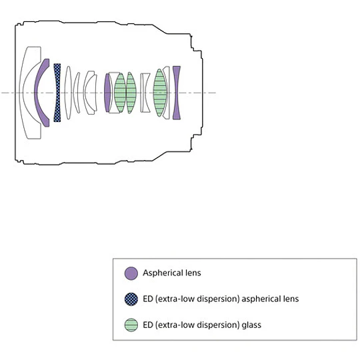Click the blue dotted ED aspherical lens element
(57, 93)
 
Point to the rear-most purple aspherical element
(177, 93)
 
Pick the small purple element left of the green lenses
(107, 93)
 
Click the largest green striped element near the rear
(159, 93)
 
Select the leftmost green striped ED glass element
(120, 93)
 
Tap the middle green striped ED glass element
(131, 93)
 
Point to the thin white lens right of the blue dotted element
(68, 93)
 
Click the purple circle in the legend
(131, 273)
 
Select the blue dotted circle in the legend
(131, 299)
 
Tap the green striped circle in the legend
(131, 325)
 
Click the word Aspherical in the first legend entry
(160, 273)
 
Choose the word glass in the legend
(251, 325)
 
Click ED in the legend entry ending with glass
(148, 325)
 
